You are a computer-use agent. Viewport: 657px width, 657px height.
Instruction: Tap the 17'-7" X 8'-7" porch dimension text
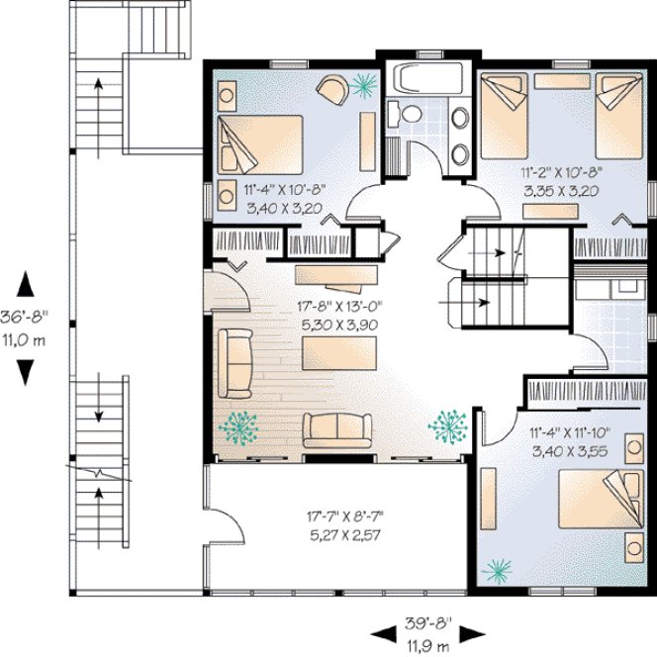pos(344,516)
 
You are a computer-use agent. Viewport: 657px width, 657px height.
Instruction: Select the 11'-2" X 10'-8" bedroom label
pos(560,171)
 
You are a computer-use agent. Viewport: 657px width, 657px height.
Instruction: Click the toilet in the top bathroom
pos(410,115)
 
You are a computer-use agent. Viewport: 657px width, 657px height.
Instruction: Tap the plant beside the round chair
pos(366,87)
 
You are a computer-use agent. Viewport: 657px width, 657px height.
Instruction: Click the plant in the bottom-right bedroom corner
pos(500,568)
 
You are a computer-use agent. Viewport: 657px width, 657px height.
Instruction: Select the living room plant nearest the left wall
pos(238,426)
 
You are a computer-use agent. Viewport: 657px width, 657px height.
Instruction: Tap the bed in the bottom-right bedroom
pos(597,500)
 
